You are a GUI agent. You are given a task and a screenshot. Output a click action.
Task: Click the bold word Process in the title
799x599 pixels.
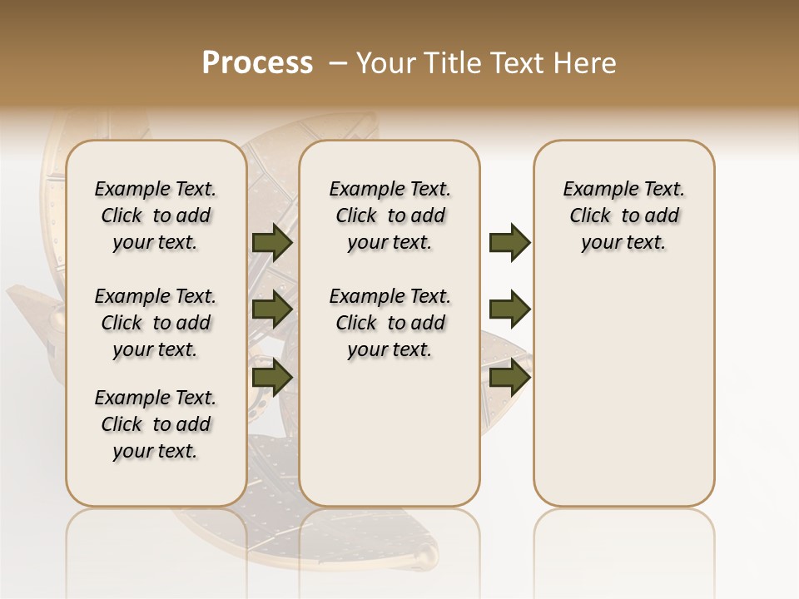[257, 63]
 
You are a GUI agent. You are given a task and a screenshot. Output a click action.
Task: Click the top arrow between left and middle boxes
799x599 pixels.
[272, 243]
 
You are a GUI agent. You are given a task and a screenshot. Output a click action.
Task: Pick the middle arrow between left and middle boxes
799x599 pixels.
[272, 309]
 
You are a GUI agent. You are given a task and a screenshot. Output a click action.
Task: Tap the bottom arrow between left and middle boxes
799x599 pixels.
[272, 377]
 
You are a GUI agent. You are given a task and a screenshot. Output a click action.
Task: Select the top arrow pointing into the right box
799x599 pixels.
[509, 243]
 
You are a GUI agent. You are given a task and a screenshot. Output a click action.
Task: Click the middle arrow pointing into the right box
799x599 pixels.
[509, 309]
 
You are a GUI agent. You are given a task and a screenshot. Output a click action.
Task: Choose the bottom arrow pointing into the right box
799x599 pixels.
[509, 377]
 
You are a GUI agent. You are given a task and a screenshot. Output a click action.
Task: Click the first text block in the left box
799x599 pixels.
[156, 215]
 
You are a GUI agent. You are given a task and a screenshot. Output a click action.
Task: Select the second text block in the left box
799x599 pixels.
[156, 323]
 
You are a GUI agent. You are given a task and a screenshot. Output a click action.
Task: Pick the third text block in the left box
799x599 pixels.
[156, 424]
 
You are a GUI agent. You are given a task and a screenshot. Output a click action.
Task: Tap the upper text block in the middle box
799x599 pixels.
[390, 215]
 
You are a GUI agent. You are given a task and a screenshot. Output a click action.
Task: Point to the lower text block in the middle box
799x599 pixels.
[390, 323]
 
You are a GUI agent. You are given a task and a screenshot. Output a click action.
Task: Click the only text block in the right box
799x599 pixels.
[624, 215]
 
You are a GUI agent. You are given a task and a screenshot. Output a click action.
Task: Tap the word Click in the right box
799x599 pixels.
[590, 216]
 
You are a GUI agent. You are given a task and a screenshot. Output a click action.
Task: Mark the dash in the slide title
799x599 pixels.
[338, 63]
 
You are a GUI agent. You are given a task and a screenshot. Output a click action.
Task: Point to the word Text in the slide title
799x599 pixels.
[519, 63]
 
